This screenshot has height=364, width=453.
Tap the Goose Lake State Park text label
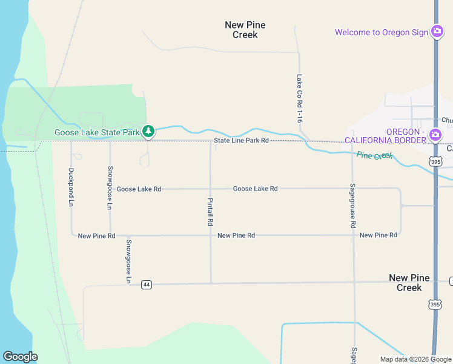pyautogui.click(x=97, y=132)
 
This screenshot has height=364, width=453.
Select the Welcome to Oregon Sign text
pyautogui.click(x=382, y=32)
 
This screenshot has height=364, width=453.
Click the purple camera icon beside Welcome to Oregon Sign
pyautogui.click(x=437, y=32)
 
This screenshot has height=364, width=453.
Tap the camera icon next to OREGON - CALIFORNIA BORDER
pyautogui.click(x=435, y=135)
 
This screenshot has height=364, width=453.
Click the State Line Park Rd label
pyautogui.click(x=240, y=141)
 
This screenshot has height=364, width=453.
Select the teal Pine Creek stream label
pyautogui.click(x=375, y=156)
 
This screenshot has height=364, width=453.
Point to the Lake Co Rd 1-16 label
pyautogui.click(x=299, y=99)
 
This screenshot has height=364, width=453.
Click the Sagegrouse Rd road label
pyautogui.click(x=353, y=205)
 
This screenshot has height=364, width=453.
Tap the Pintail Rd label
pyautogui.click(x=210, y=212)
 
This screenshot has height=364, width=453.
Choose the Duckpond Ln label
pyautogui.click(x=71, y=187)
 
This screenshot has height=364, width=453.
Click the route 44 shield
pyautogui.click(x=146, y=285)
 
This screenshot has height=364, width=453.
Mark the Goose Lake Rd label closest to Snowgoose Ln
pyautogui.click(x=139, y=189)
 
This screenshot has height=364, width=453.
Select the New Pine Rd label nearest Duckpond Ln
pyautogui.click(x=96, y=235)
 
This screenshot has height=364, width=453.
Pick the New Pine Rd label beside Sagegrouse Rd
pyautogui.click(x=378, y=235)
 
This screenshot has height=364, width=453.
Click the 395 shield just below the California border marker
pyautogui.click(x=435, y=161)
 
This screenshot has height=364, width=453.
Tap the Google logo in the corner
pyautogui.click(x=20, y=357)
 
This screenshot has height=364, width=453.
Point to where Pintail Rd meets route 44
pyautogui.click(x=211, y=283)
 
